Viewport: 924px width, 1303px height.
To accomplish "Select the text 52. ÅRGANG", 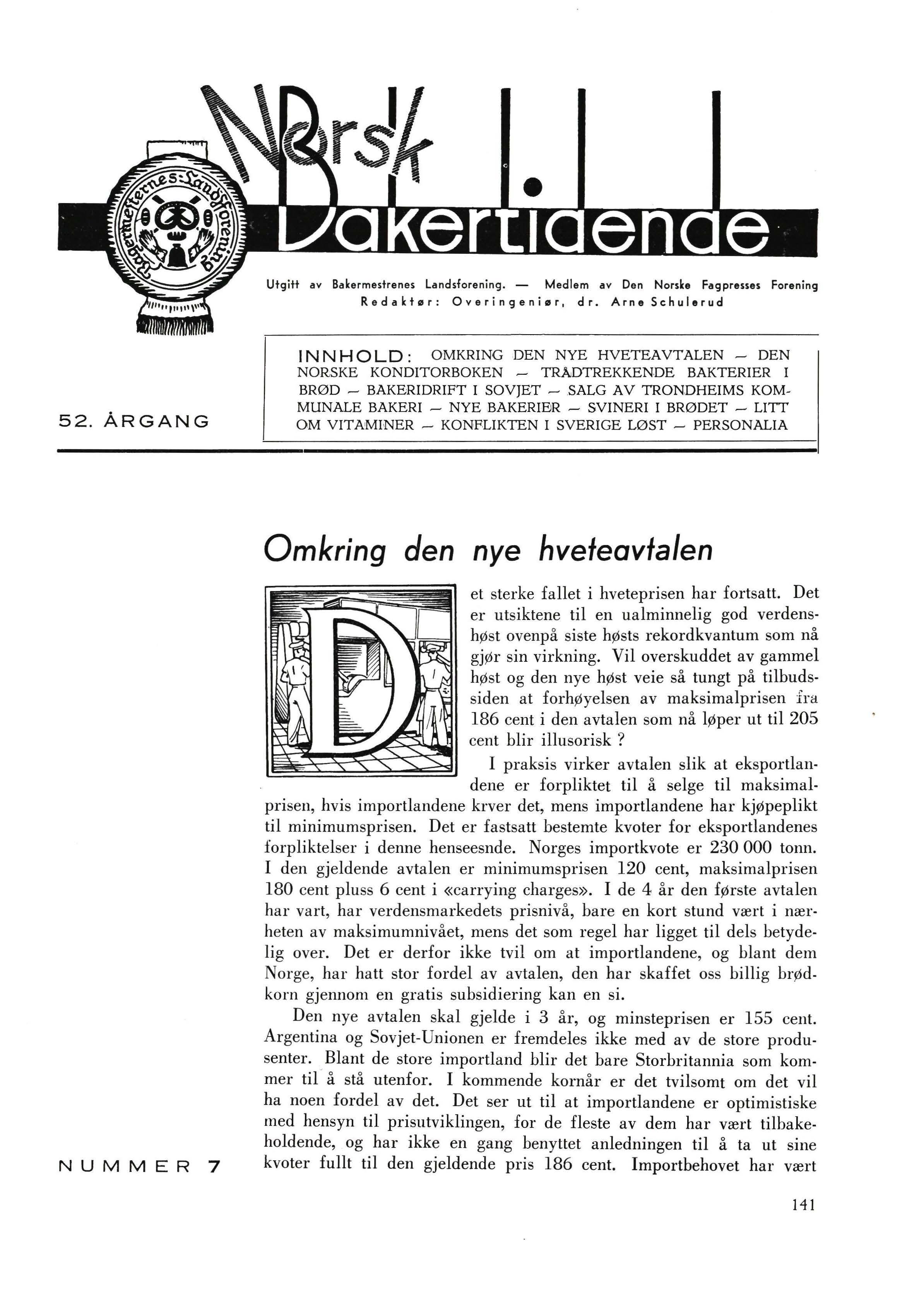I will [134, 422].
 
